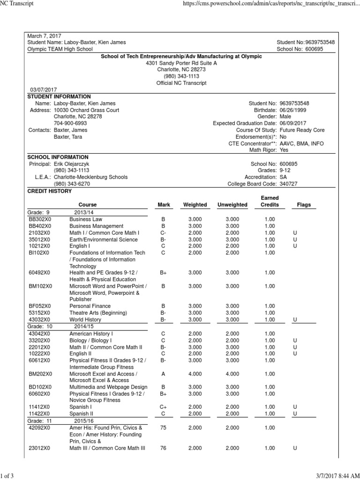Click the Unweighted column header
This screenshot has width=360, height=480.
232,205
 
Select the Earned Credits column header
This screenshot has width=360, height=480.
270,202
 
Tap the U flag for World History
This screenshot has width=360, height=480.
295,319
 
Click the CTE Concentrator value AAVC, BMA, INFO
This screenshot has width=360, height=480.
301,143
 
